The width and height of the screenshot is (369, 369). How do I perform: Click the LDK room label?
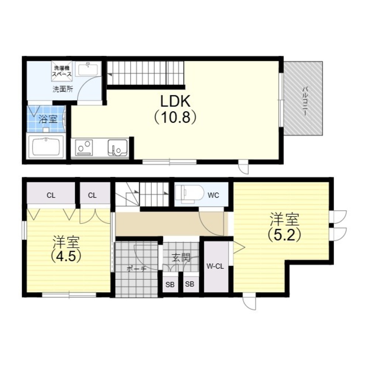(175, 101)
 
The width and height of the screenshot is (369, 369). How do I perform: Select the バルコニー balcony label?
(305, 101)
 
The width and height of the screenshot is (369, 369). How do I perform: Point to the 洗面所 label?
(63, 89)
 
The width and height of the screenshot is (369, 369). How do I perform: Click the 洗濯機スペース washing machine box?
(62, 69)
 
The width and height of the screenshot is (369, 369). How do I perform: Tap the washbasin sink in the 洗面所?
(88, 69)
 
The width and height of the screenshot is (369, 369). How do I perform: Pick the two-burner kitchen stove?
(84, 148)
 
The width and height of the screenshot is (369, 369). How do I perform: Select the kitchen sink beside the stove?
(118, 148)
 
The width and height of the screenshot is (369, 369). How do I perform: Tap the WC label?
(213, 195)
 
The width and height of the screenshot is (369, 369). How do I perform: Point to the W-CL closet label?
(215, 266)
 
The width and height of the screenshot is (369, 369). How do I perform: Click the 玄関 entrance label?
(181, 258)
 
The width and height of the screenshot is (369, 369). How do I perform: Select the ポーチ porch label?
(137, 269)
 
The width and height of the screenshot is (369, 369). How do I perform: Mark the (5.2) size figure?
(284, 234)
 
